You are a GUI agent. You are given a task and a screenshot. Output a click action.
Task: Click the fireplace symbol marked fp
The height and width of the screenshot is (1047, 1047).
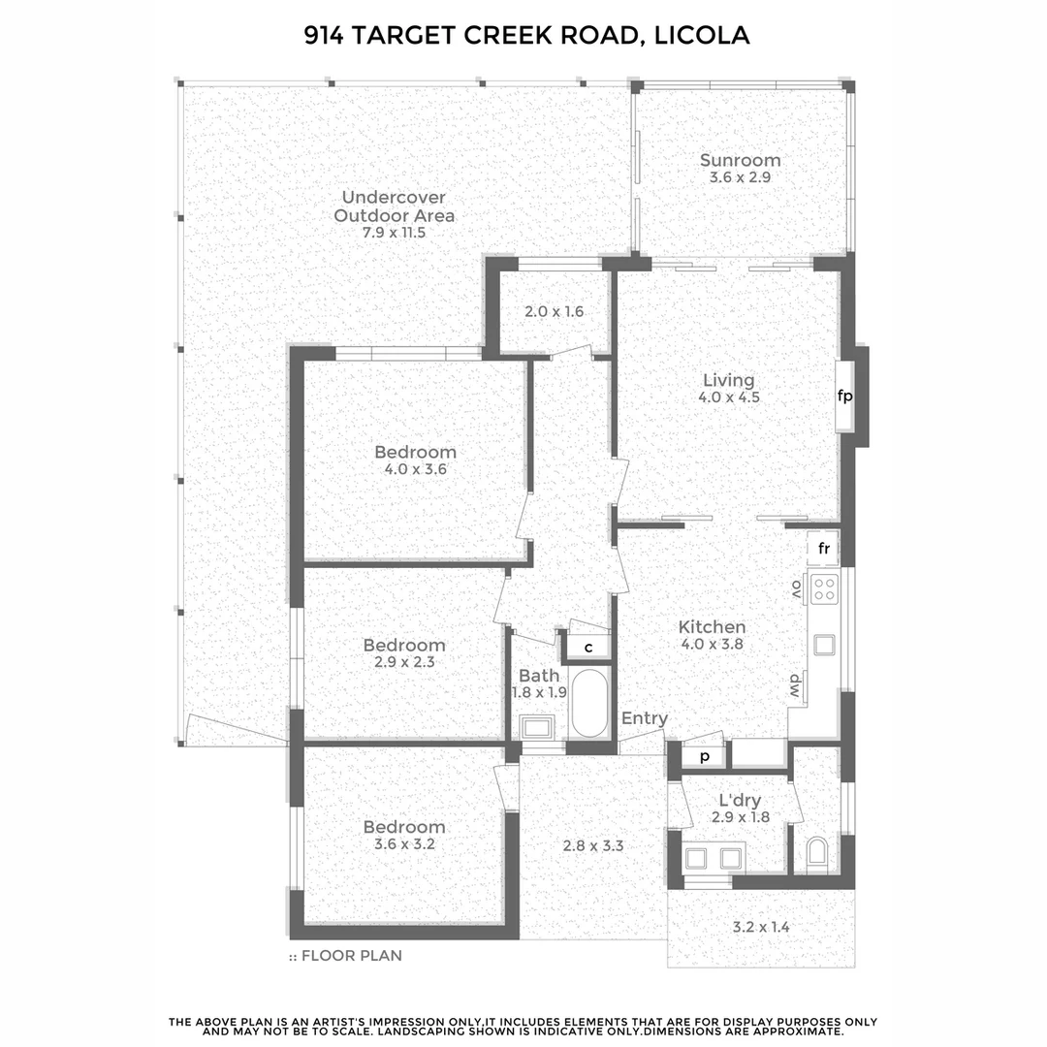pyautogui.click(x=844, y=396)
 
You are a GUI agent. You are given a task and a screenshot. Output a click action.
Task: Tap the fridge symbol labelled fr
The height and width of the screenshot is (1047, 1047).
pyautogui.click(x=824, y=549)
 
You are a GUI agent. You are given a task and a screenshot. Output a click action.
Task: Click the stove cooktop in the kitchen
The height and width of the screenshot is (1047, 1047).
pyautogui.click(x=825, y=587)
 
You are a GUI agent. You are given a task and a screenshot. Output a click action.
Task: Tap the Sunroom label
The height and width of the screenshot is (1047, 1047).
pyautogui.click(x=741, y=160)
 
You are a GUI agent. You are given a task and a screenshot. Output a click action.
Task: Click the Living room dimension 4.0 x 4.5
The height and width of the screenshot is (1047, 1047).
pyautogui.click(x=728, y=397)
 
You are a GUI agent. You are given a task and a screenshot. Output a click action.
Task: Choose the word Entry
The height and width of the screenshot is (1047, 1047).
pyautogui.click(x=645, y=718)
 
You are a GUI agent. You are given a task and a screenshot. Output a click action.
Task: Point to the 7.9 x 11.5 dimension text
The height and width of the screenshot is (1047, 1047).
pyautogui.click(x=394, y=233)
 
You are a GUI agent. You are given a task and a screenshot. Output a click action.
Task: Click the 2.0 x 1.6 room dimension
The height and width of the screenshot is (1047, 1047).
pyautogui.click(x=554, y=312)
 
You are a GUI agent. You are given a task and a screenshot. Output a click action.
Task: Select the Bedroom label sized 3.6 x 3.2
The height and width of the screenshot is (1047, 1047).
pyautogui.click(x=404, y=827)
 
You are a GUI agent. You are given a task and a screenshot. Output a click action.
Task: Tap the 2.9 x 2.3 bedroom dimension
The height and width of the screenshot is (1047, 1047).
pyautogui.click(x=404, y=663)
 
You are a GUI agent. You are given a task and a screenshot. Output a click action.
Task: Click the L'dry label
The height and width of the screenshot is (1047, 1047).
pyautogui.click(x=740, y=801)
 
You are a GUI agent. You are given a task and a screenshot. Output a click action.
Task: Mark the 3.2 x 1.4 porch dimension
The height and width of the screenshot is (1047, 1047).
pyautogui.click(x=760, y=927)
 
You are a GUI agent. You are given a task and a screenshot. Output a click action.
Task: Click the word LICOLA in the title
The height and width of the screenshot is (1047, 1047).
pyautogui.click(x=702, y=36)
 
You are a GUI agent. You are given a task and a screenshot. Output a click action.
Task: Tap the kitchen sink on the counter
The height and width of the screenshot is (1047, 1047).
pyautogui.click(x=825, y=645)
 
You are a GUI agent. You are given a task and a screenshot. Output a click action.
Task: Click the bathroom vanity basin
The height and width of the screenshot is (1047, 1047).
pyautogui.click(x=536, y=727)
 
